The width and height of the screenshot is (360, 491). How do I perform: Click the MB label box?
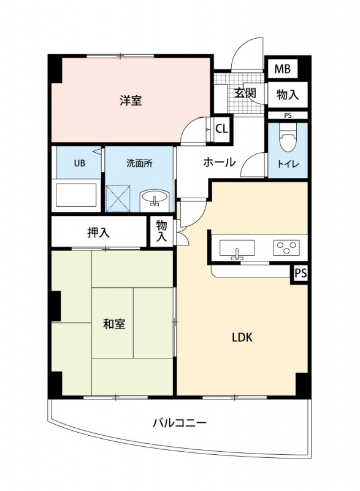[282, 69]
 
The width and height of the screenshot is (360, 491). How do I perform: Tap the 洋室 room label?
[131, 100]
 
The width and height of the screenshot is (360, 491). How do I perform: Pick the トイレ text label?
[288, 164]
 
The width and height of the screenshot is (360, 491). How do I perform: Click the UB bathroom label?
[80, 163]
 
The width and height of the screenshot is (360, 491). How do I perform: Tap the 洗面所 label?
[139, 163]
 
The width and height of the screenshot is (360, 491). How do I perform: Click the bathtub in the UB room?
[77, 196]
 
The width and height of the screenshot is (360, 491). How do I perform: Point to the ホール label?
[219, 163]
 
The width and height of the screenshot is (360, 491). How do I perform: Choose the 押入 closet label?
[98, 232]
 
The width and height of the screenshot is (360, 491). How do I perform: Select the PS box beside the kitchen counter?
[300, 274]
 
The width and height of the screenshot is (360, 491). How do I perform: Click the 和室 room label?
[114, 323]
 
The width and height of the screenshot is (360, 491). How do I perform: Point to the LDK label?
[242, 337]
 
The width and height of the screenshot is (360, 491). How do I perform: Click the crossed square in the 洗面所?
[120, 197]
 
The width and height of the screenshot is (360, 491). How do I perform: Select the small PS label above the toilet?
[288, 115]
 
